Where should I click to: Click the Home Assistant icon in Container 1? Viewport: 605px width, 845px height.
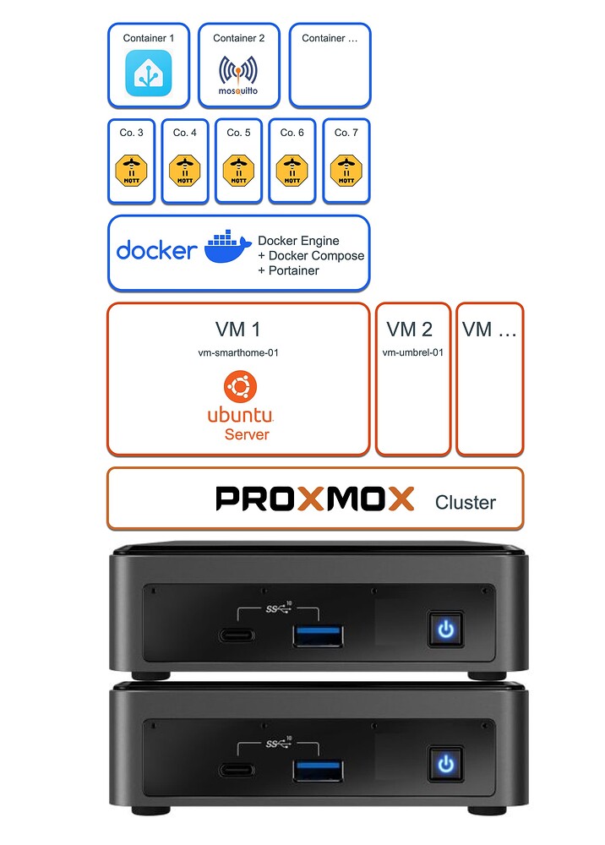point(149,73)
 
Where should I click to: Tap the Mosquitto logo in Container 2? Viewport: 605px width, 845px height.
point(238,74)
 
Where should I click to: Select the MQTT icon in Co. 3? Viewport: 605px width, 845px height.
point(131,169)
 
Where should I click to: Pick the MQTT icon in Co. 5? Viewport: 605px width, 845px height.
point(239,169)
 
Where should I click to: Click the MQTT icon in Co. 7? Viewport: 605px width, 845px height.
point(346,169)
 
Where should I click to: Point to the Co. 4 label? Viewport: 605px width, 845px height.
point(185,133)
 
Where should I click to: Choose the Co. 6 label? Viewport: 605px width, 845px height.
point(292,133)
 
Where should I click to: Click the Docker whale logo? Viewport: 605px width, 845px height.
point(227,248)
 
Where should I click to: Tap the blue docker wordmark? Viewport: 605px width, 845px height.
point(156,250)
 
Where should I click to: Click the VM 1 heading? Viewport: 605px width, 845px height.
point(238,330)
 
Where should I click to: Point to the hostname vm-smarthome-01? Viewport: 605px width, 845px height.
point(238,353)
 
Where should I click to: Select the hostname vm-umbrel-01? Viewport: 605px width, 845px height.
point(413,353)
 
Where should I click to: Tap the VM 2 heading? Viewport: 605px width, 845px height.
point(410,330)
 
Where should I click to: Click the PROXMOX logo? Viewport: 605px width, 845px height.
point(315,499)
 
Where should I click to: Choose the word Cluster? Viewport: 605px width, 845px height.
point(465,503)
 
